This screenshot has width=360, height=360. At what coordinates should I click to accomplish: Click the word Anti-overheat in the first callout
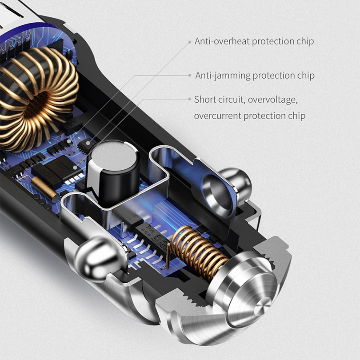(x=222, y=41)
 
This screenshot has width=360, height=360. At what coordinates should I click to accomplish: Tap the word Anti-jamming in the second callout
(x=223, y=76)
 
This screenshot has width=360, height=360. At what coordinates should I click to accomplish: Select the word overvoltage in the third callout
(x=273, y=100)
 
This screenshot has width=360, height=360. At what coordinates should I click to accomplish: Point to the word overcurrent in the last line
(x=217, y=116)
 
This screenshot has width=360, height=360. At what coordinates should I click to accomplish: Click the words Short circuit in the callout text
(x=219, y=100)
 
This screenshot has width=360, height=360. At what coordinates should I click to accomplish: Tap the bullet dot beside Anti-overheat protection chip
(x=190, y=42)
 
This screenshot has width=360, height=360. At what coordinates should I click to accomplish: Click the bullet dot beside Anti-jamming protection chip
(x=190, y=75)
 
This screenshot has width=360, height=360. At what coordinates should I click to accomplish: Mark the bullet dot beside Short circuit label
(x=190, y=99)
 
